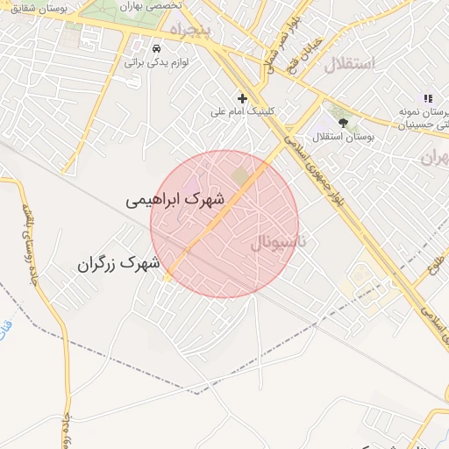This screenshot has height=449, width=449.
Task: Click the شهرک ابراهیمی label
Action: click(176, 200)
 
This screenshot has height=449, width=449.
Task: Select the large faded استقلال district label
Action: click(350, 64)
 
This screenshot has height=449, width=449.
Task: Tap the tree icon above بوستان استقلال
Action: click(342, 123)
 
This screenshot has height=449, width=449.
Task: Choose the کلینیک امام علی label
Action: click(245, 112)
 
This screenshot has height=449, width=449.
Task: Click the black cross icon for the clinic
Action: click(243, 97)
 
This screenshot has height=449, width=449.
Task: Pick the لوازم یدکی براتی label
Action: click(158, 62)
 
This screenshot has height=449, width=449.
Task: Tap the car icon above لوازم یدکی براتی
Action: click(156, 47)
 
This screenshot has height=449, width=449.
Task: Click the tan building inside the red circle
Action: click(240, 176)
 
